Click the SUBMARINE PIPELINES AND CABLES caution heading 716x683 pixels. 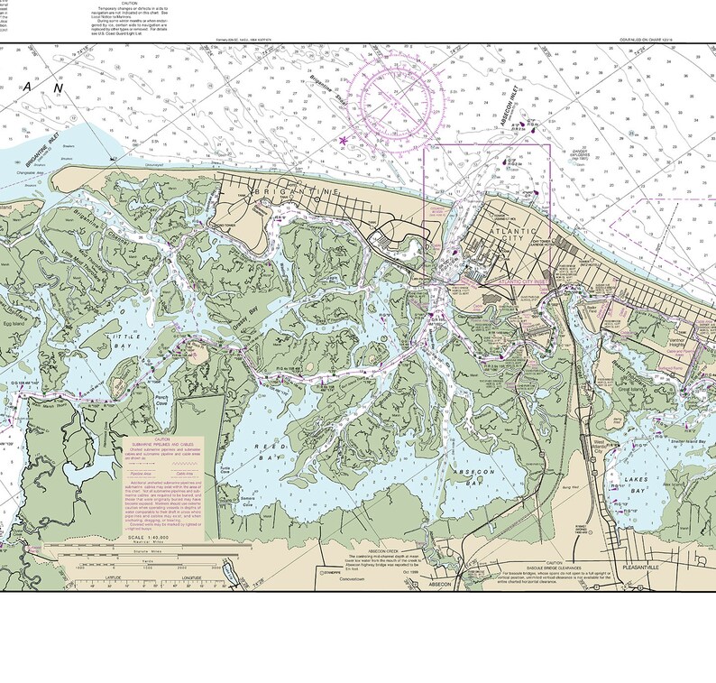tap(164, 441)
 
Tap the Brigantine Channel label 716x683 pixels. tap(88, 222)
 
